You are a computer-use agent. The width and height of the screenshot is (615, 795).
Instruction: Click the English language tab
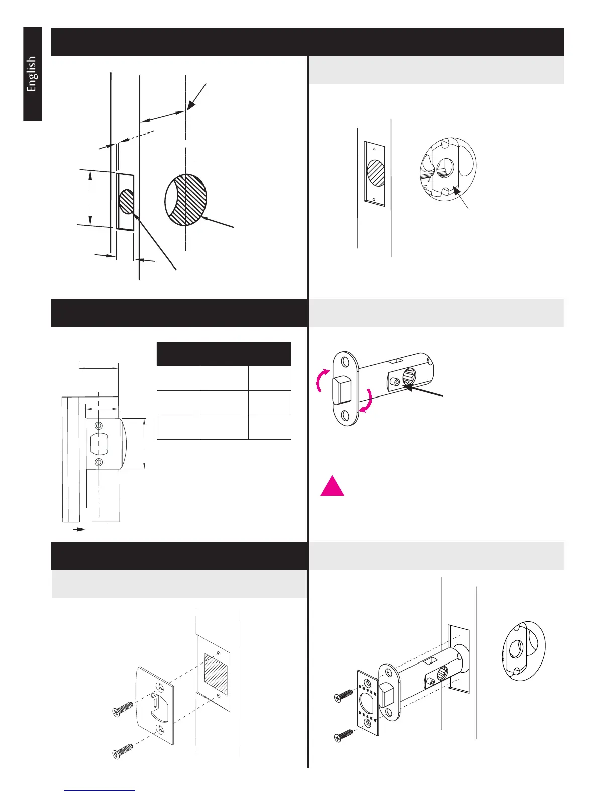pos(32,74)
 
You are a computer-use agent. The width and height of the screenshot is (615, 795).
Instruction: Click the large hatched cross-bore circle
pos(186,199)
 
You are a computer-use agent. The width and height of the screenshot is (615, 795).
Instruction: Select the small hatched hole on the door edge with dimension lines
pos(127,201)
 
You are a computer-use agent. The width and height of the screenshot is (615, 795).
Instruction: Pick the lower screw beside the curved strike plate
pos(122,750)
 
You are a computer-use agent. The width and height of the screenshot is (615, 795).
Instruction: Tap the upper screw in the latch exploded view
pos(344,695)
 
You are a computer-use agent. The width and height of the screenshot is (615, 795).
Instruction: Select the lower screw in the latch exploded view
pos(344,735)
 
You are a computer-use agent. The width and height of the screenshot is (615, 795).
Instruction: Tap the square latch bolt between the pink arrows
pos(344,389)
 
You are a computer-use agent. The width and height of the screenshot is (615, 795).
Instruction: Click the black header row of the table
pos(224,354)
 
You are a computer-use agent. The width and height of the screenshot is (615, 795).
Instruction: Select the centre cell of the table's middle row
pos(224,403)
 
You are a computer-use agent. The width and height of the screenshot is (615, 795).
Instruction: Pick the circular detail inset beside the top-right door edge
pos(447,167)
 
